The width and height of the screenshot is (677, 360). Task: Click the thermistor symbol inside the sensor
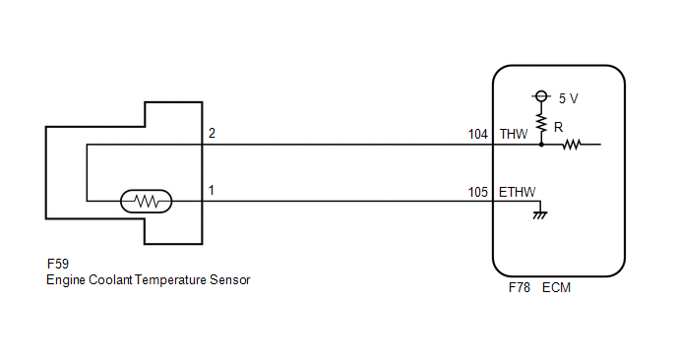(x=146, y=202)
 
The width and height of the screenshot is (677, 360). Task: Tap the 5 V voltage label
(x=568, y=98)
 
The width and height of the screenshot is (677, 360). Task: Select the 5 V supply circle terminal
(x=541, y=95)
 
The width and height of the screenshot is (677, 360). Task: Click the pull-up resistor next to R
(x=541, y=123)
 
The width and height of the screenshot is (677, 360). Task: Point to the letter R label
(x=558, y=127)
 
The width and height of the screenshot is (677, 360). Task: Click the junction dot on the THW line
(x=541, y=145)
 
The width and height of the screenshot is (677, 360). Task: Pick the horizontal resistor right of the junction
(x=571, y=145)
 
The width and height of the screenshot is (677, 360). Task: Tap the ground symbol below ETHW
(x=539, y=215)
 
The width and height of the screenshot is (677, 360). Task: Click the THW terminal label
(x=514, y=134)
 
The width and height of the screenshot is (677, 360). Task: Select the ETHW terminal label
(x=518, y=192)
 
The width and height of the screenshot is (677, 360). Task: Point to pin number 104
(x=478, y=134)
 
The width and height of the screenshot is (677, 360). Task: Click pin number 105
(x=478, y=192)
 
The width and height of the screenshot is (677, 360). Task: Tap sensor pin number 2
(x=212, y=133)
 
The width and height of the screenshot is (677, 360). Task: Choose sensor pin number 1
(x=212, y=191)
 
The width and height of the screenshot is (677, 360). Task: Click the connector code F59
(x=58, y=264)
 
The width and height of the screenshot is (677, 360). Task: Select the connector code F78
(x=520, y=287)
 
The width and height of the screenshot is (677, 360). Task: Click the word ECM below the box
(x=557, y=287)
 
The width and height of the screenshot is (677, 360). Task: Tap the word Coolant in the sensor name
(x=110, y=279)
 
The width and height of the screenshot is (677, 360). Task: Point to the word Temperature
(x=170, y=280)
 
